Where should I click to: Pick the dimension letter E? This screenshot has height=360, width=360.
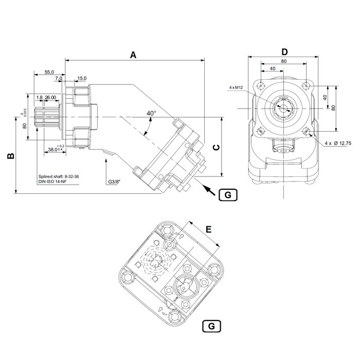pyautogui.click(x=208, y=229)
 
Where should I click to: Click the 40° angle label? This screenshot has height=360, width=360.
pyautogui.click(x=151, y=113)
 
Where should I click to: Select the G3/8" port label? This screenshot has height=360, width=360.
pyautogui.click(x=116, y=182)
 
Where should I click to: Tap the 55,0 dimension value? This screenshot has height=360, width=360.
pyautogui.click(x=50, y=73)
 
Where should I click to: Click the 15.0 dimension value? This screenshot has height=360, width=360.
pyautogui.click(x=81, y=79)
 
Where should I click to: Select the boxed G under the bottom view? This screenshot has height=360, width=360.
pyautogui.click(x=212, y=326)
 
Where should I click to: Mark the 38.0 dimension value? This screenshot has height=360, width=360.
pyautogui.click(x=53, y=149)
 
